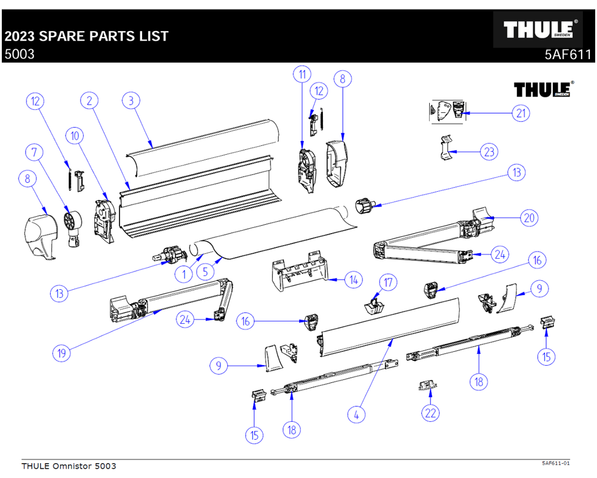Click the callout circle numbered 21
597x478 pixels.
click(521, 113)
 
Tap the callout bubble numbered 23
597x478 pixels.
click(490, 152)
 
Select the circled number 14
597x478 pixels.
click(353, 280)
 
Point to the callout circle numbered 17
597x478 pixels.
click(388, 283)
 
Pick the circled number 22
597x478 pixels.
click(430, 413)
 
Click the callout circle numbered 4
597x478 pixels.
click(356, 414)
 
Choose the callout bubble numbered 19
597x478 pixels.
click(61, 353)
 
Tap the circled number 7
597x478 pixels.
click(34, 152)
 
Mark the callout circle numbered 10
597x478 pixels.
click(75, 136)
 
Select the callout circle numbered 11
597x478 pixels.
click(302, 74)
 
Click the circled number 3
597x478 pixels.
click(131, 100)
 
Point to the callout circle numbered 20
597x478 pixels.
click(529, 218)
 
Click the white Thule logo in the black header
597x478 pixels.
click(538, 29)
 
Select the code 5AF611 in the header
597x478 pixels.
click(568, 54)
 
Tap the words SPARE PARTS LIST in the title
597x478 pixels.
click(103, 36)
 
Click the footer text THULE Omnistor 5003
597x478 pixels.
click(69, 466)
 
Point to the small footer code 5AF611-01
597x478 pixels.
click(556, 463)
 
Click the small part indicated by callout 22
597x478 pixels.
click(427, 385)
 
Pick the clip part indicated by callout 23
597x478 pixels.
click(446, 148)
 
